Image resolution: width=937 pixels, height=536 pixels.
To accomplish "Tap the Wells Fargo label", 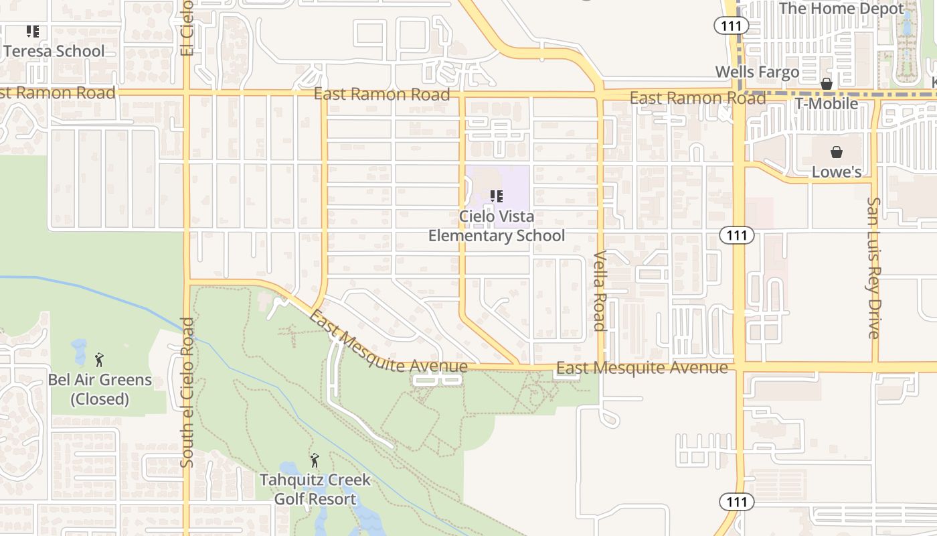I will tap(757, 72).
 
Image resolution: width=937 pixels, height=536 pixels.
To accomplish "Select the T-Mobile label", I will tap(826, 104).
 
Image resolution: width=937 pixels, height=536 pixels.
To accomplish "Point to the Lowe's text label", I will tap(836, 172).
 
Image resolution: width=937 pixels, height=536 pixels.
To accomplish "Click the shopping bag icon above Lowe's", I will tap(836, 152).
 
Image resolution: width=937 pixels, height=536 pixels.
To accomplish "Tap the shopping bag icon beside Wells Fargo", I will tap(827, 84).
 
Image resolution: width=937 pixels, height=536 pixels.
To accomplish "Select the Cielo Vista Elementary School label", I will tap(496, 226).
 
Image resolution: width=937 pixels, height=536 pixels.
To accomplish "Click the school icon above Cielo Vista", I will tap(496, 196).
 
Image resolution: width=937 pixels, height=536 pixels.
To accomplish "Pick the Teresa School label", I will tap(54, 52).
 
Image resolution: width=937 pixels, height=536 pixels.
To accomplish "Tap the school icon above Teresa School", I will tap(32, 31).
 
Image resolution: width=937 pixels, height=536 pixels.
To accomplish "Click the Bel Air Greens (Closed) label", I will tap(100, 389).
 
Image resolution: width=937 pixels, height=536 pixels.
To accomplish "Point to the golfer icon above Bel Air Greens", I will tap(99, 360).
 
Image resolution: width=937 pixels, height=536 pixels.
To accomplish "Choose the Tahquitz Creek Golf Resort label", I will tap(315, 489).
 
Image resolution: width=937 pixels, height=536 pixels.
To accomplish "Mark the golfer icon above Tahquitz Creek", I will tap(315, 460).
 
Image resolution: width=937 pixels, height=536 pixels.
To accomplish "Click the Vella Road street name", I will tap(600, 291).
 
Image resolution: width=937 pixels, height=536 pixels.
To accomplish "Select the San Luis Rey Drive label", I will tap(873, 267).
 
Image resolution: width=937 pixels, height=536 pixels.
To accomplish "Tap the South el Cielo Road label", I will tap(187, 392).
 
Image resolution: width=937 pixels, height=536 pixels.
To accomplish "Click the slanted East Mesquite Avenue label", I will tap(388, 344).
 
